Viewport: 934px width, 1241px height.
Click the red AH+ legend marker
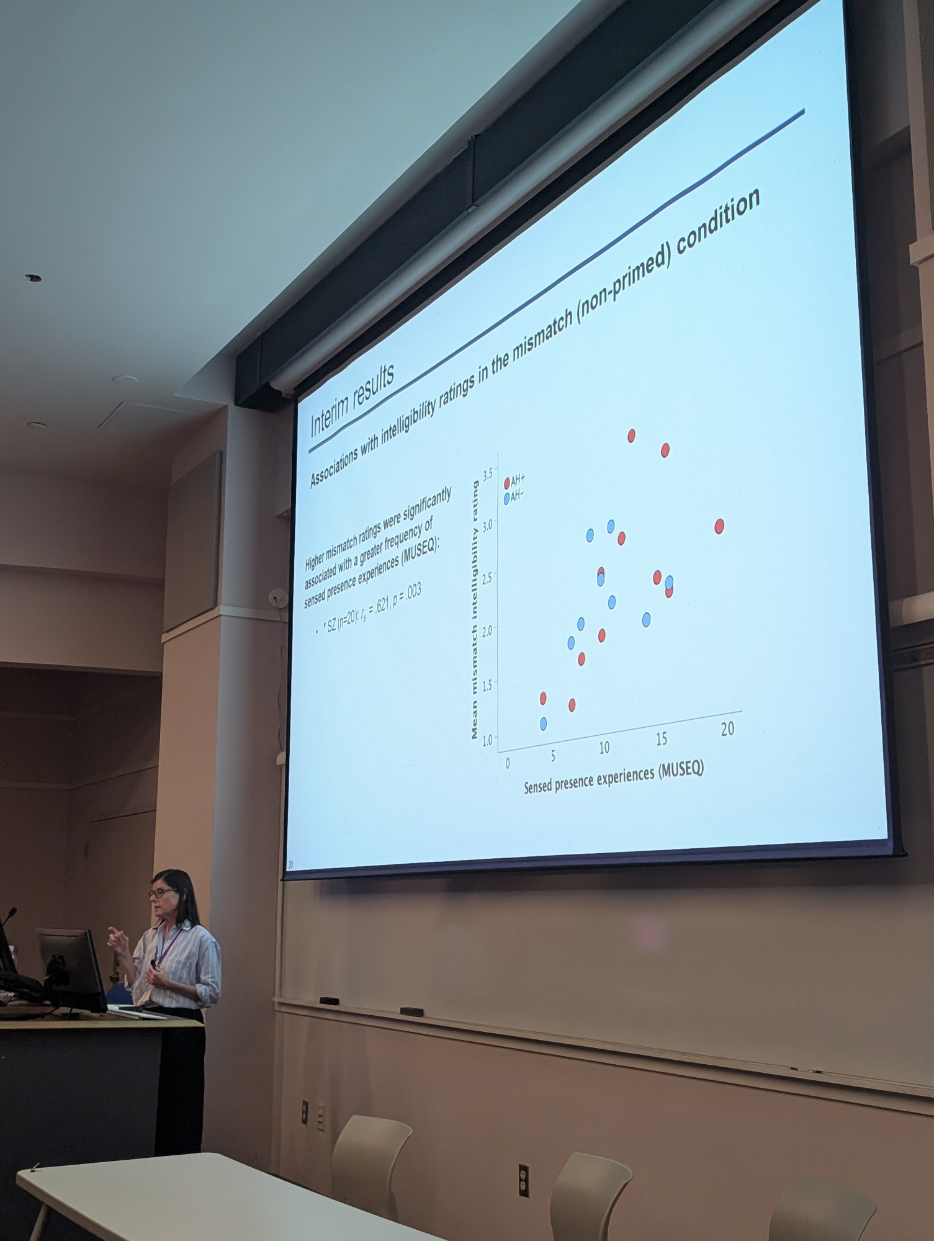coord(507,483)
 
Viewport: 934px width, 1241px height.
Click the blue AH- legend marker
coord(506,498)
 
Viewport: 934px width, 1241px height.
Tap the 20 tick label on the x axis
coord(727,728)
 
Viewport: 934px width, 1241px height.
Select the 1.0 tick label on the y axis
coord(487,740)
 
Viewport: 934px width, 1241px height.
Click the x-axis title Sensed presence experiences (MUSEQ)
coord(614,778)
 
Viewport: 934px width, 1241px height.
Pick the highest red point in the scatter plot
coord(631,436)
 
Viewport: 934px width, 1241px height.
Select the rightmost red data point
coord(719,527)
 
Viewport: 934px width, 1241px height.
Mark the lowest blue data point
coord(544,724)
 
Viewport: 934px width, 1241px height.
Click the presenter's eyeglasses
coord(162,893)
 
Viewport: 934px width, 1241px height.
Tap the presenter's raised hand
coord(117,938)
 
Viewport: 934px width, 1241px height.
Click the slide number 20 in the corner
coord(290,864)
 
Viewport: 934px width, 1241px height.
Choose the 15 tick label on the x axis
coord(662,738)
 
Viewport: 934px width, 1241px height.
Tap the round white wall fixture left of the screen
coord(275,598)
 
